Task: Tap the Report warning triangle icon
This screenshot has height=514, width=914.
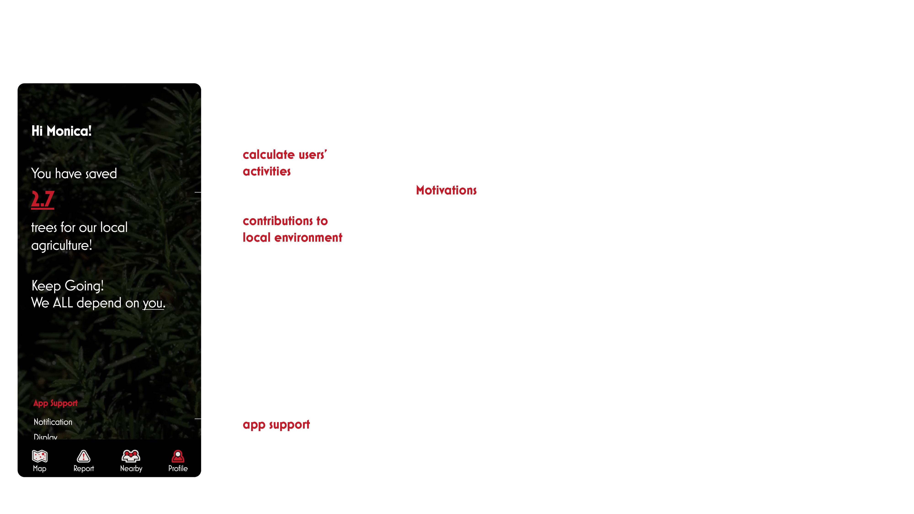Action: tap(84, 456)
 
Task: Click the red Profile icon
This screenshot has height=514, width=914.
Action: tap(178, 456)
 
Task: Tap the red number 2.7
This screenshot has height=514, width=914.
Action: tap(43, 199)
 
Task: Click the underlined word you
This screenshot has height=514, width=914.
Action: tap(153, 303)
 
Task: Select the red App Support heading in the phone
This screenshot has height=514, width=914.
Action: tap(55, 403)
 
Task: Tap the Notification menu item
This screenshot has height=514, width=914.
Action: tap(53, 422)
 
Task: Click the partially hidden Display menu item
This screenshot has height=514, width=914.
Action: tap(45, 437)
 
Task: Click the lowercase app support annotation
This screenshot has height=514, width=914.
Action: tap(276, 425)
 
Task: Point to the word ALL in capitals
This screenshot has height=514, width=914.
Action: tap(63, 303)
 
